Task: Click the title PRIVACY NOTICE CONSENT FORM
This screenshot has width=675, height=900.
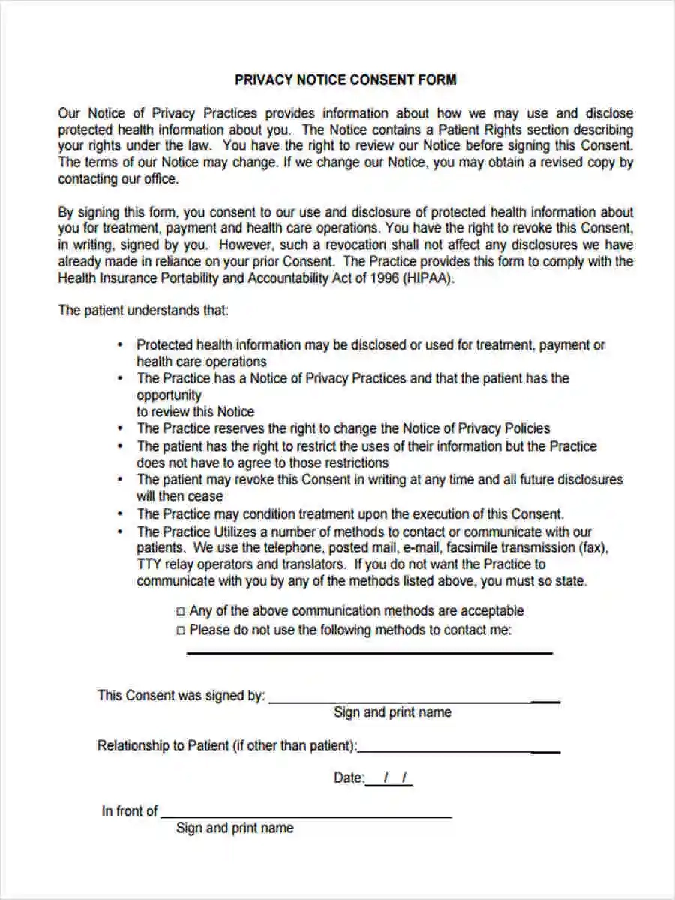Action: coord(345,79)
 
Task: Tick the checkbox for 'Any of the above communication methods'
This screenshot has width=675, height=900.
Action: coord(180,612)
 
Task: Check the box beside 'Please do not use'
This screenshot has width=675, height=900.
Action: coord(180,631)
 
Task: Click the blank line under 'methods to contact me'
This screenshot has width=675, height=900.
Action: coord(369,652)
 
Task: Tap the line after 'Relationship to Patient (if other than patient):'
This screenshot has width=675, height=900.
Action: coord(458,751)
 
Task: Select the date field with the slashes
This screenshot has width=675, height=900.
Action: coord(389,779)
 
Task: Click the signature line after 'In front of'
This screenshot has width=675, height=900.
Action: coord(306,816)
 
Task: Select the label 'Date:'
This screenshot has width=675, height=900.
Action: coord(349,778)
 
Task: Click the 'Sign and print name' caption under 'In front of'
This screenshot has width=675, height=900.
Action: coord(235,828)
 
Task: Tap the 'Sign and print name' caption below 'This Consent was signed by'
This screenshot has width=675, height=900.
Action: coord(392,712)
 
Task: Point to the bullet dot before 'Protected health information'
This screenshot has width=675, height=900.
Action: coord(120,345)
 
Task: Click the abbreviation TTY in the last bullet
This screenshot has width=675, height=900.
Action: coord(149,565)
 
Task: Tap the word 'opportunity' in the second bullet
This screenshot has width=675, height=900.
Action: coord(169,395)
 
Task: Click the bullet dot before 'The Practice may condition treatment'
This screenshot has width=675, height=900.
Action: coord(120,514)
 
